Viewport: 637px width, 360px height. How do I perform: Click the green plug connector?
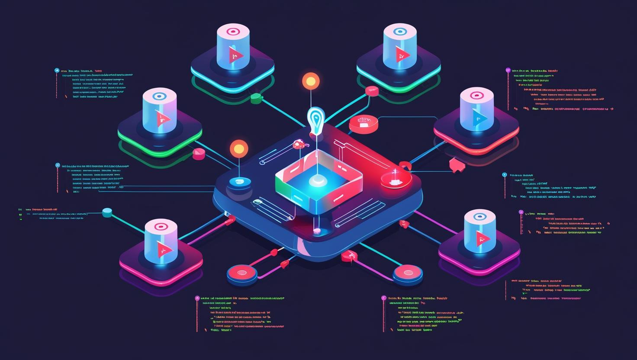click(x=256, y=98)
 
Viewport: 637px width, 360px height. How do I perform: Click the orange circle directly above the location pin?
click(x=310, y=81)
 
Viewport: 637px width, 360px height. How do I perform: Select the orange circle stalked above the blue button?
click(x=239, y=149)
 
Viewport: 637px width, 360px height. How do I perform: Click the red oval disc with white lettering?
click(x=364, y=123)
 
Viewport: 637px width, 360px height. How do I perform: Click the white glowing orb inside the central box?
click(x=318, y=180)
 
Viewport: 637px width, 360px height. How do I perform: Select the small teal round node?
click(x=107, y=212)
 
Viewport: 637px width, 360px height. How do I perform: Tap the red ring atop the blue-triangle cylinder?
click(x=476, y=96)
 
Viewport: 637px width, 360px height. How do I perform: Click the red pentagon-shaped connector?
click(x=456, y=165)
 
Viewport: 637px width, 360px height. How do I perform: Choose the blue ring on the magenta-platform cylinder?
click(x=479, y=217)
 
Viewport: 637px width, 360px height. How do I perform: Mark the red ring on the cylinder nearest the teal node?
click(x=161, y=226)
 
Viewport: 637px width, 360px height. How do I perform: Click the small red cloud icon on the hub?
click(x=298, y=144)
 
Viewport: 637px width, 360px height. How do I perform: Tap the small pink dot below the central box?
click(x=317, y=231)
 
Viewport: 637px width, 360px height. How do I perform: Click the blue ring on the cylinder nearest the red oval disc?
click(x=400, y=32)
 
